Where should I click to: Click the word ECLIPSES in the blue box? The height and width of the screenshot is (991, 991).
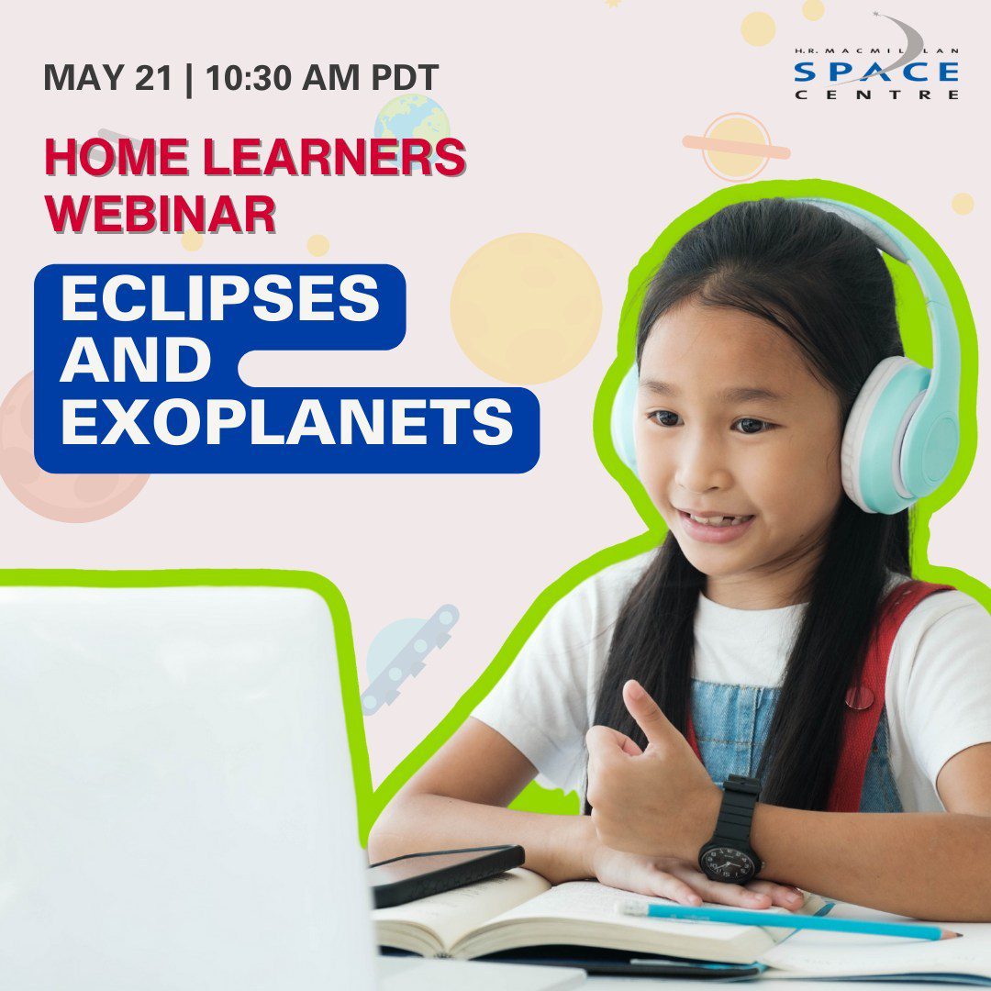[219, 298]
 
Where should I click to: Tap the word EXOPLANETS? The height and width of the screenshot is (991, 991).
[285, 421]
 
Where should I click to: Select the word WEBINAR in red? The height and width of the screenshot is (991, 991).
[160, 214]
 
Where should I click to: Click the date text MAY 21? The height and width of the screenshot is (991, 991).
[107, 77]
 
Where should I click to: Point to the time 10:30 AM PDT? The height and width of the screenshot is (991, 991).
[322, 77]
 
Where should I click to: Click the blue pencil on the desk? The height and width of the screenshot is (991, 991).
[789, 919]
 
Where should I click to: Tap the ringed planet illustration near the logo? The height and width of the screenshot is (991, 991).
[736, 148]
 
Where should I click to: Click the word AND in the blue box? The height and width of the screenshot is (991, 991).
[135, 360]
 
